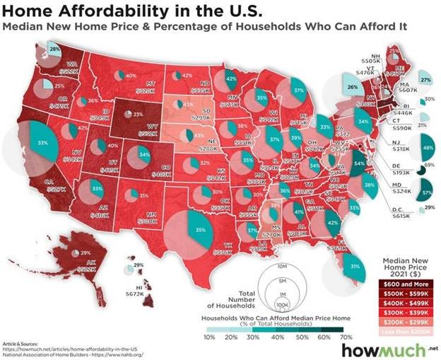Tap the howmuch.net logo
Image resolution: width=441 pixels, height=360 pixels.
396,349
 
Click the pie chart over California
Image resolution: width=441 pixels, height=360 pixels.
35,143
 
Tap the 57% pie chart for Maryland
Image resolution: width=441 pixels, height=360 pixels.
426,191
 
